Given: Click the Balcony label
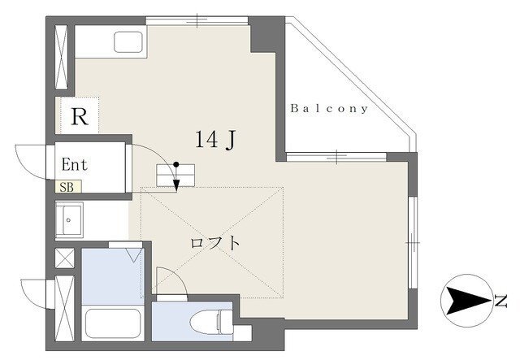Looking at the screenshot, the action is pos(329,109).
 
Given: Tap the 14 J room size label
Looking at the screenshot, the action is pos(215,140).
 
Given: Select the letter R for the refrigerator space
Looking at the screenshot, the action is pos(80,116).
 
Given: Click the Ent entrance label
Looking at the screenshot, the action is pos(75,165).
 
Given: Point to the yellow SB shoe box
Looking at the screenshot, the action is pos(68,187).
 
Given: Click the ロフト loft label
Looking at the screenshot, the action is pos(214,243).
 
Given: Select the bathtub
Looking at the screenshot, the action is pos(113,323).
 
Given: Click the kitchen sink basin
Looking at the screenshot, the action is pos(128,42).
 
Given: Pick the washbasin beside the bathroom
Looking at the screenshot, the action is pos(69,220).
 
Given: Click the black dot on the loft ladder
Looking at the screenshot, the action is pos(176,164).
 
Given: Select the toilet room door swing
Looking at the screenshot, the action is pos(175,275).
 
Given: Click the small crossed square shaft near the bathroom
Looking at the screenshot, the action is pos(65,258).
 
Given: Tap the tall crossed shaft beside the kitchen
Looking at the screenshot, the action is pos(62,57).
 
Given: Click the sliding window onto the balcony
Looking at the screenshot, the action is pos(336,157).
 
